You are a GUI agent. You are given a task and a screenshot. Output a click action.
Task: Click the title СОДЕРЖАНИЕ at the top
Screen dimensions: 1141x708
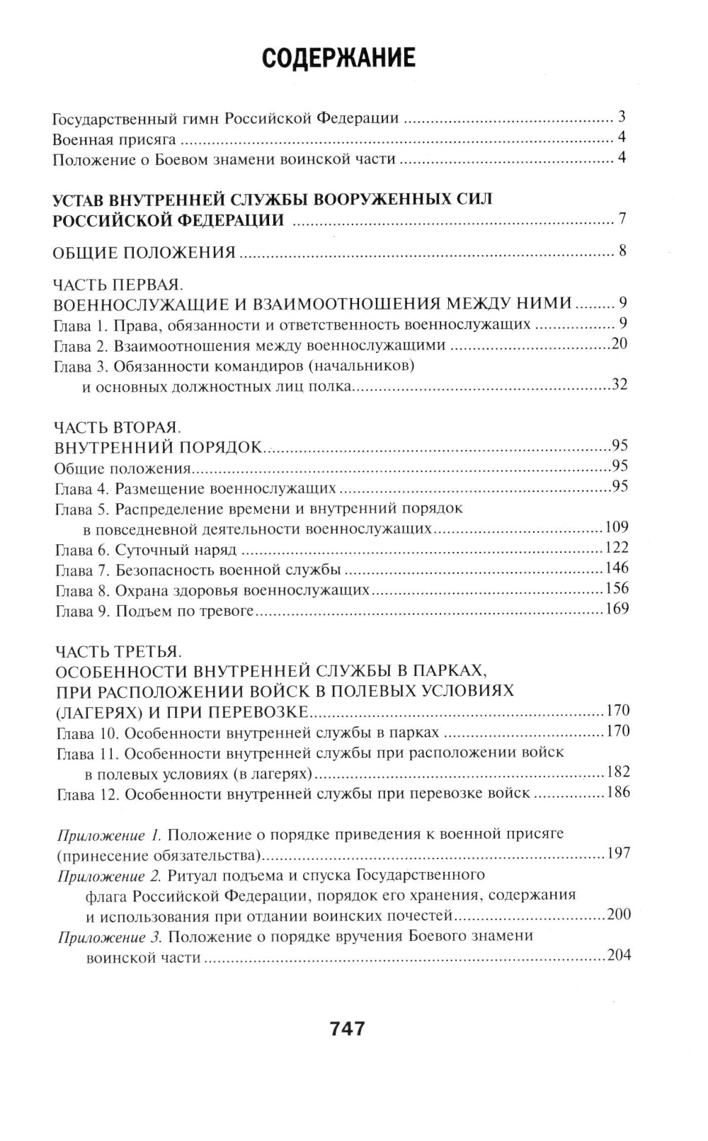(338, 59)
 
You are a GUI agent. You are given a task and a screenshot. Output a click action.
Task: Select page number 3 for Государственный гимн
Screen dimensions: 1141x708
(622, 117)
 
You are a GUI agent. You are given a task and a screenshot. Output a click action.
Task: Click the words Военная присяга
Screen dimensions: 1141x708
(104, 139)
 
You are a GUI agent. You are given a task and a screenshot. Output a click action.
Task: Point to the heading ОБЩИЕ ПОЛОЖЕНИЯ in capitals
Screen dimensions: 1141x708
(144, 253)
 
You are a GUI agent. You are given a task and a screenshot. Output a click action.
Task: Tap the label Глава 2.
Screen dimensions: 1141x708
(81, 345)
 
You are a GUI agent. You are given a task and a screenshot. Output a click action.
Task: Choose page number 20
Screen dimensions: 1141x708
(619, 345)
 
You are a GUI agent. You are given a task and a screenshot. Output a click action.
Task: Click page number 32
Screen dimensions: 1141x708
(619, 386)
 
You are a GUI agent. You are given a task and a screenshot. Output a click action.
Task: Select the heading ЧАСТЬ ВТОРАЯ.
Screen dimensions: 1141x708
(118, 428)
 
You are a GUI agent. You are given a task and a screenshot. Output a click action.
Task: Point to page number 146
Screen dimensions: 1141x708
(617, 568)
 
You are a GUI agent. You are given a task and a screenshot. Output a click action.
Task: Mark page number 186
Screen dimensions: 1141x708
(617, 792)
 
